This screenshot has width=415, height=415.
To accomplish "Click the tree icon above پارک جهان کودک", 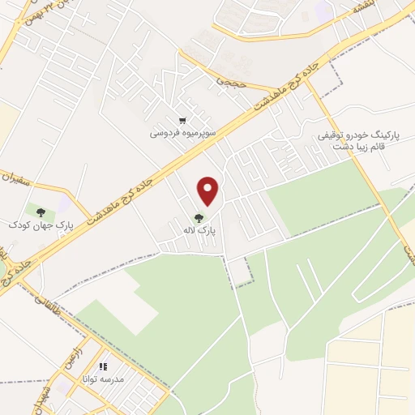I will coord(41,212).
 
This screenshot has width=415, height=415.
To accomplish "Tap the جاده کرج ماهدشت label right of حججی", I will coord(280,88).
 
